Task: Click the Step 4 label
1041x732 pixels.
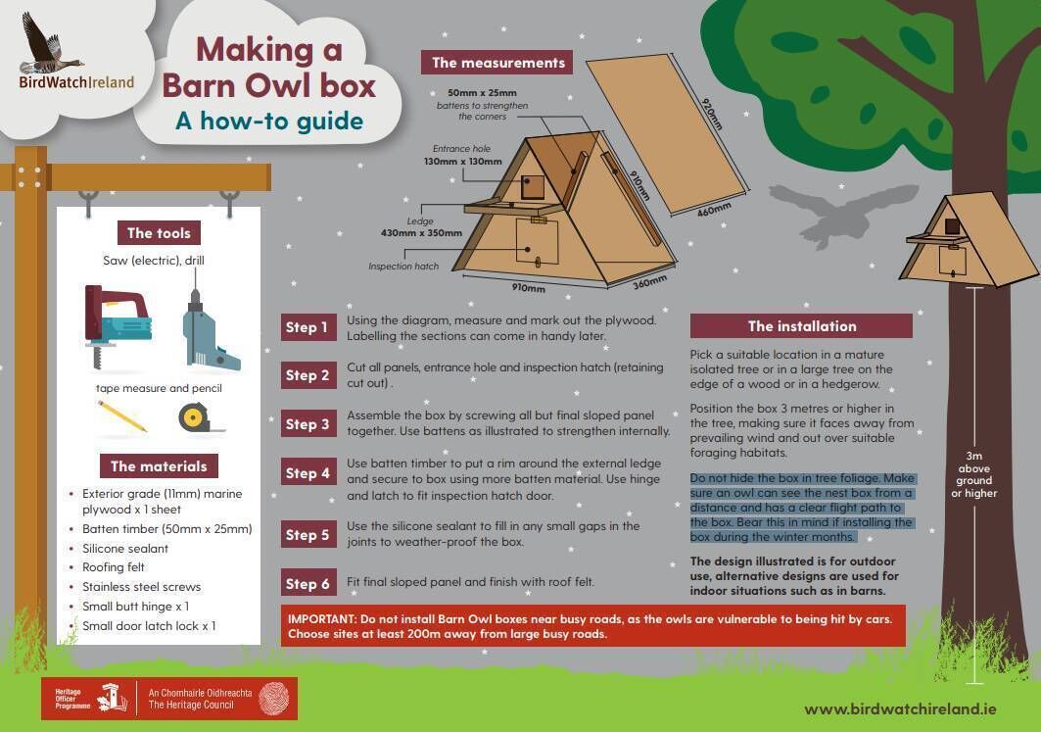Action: [x=308, y=473]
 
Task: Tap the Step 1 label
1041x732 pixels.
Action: [x=308, y=327]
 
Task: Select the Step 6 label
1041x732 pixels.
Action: [x=308, y=584]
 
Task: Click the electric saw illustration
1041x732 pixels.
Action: [x=118, y=325]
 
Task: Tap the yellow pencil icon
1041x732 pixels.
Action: [x=122, y=415]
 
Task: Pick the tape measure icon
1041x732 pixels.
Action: [x=200, y=417]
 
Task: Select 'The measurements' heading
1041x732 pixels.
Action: [x=497, y=63]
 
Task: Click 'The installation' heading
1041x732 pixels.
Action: [x=801, y=326]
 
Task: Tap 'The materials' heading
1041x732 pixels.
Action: [x=159, y=466]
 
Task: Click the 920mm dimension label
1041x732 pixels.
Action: [x=712, y=115]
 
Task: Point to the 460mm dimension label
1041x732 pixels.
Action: [x=714, y=210]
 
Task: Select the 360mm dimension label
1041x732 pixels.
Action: [x=649, y=281]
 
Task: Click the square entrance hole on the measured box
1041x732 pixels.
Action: [x=533, y=186]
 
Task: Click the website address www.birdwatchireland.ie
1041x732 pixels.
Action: [x=900, y=708]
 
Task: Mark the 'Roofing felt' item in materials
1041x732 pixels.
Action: [x=113, y=567]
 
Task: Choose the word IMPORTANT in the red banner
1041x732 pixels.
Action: [x=321, y=619]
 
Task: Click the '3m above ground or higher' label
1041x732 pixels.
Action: [x=974, y=474]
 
